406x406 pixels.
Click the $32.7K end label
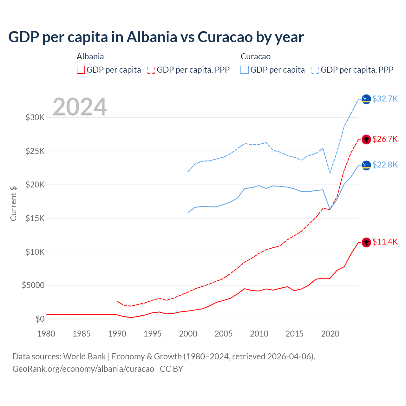coord(385,99)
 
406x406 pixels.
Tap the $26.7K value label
coord(385,139)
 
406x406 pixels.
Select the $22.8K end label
coord(385,165)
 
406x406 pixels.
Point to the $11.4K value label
coord(385,242)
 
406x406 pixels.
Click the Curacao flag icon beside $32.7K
coord(366,99)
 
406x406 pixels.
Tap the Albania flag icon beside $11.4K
coord(366,242)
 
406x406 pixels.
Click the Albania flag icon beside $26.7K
coord(366,140)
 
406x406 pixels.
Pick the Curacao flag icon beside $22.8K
coord(366,165)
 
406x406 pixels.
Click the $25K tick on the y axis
coord(35,151)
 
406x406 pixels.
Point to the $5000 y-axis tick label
coord(33,285)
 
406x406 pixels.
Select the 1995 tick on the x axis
coord(153,334)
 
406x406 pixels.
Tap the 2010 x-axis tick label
coord(259,334)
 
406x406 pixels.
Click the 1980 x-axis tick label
coord(46,334)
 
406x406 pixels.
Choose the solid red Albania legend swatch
coord(81,70)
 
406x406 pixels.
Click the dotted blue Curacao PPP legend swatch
coord(315,70)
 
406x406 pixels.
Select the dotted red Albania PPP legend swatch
coord(151,70)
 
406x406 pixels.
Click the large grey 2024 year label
coord(80,107)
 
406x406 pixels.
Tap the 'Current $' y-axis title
coord(13,204)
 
